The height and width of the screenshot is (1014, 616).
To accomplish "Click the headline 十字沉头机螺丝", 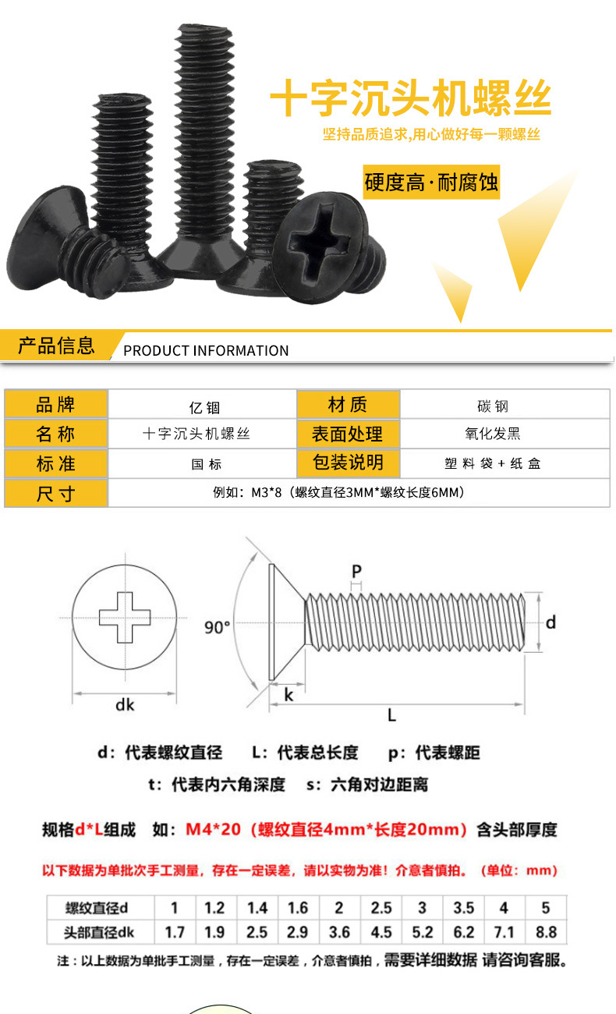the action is [410, 100].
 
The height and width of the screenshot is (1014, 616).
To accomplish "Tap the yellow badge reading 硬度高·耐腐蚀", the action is [431, 183].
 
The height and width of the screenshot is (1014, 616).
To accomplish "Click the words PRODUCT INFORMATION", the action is [206, 350].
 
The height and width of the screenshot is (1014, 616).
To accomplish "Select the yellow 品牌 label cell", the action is [56, 404].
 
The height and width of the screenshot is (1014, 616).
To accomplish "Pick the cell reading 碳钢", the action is [493, 406].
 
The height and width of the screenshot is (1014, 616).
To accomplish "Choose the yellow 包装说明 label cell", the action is [348, 462].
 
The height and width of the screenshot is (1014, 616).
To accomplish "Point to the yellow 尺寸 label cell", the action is [56, 493].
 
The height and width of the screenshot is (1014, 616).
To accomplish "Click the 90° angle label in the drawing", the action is [218, 627].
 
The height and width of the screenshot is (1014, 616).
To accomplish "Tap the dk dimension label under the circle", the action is [125, 704].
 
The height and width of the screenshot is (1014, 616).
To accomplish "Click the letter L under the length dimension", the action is [392, 714].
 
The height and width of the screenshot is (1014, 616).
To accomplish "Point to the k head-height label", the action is [289, 694].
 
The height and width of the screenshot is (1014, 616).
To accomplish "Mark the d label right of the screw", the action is [550, 622].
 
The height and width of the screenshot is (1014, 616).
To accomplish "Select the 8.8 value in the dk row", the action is [546, 932].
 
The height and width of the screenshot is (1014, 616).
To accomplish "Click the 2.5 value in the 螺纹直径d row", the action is [381, 908].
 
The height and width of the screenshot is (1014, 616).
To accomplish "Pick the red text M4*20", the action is [213, 829].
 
